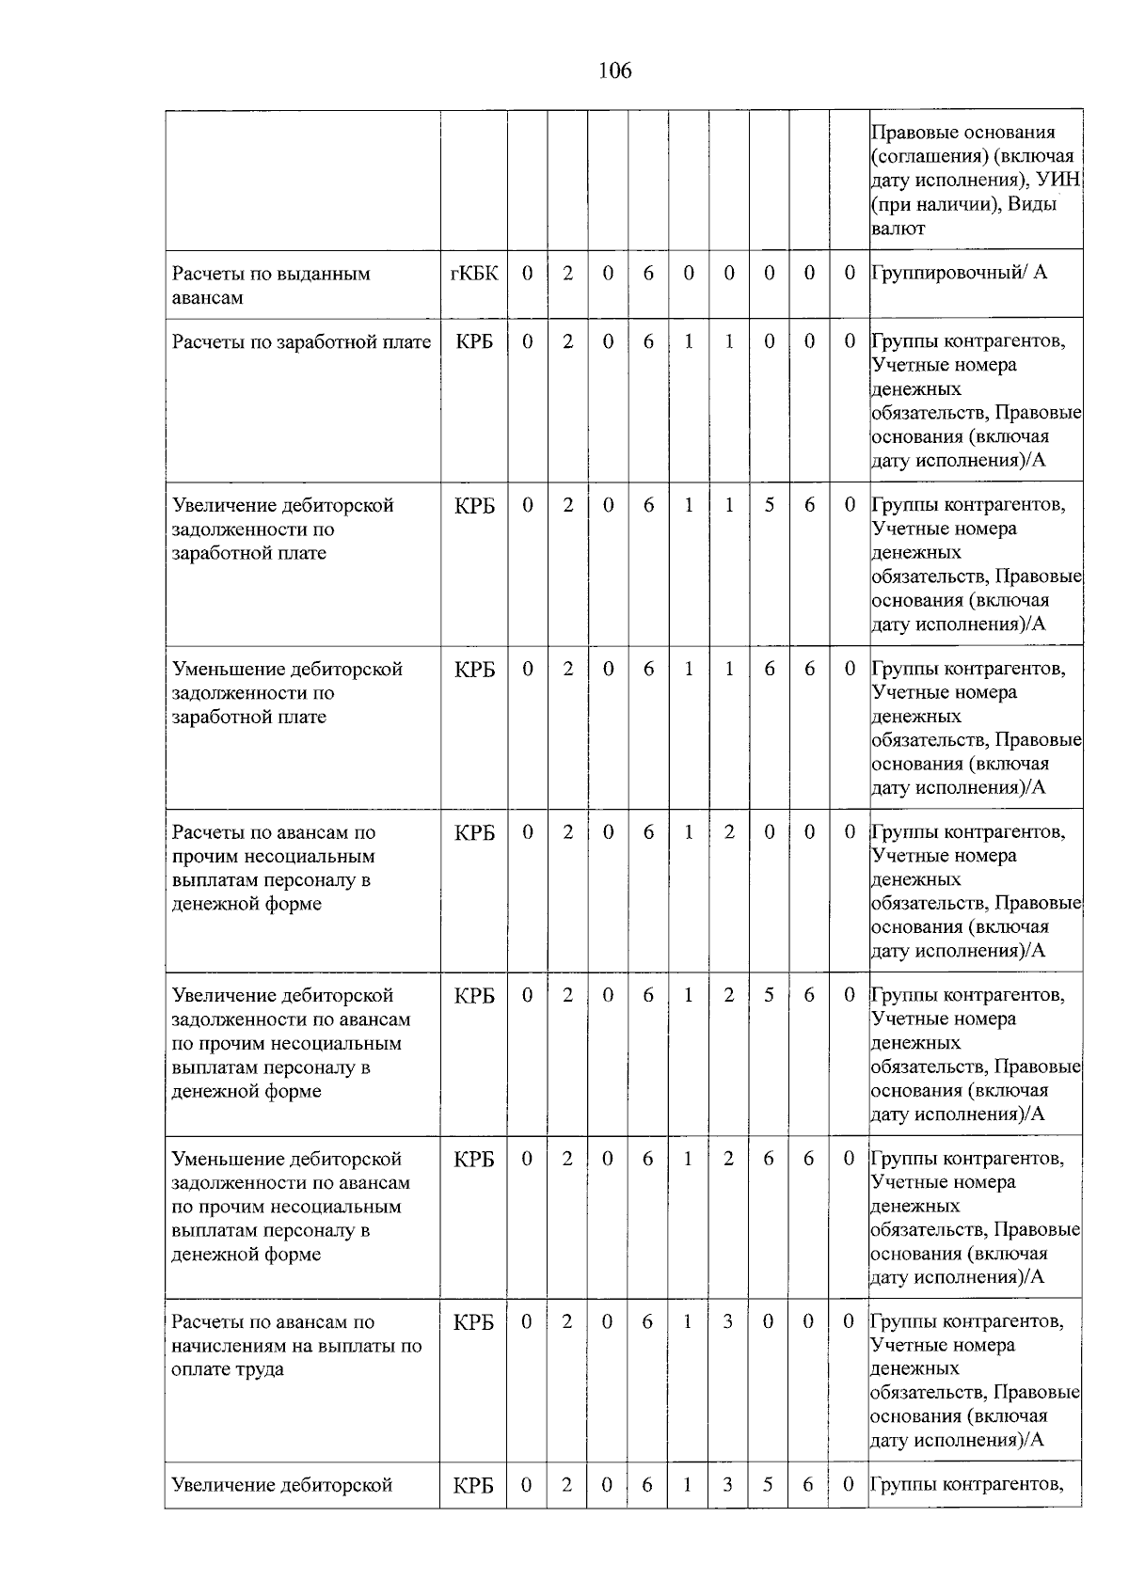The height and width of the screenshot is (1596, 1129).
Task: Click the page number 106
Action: click(x=614, y=71)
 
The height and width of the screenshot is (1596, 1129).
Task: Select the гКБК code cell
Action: click(x=474, y=273)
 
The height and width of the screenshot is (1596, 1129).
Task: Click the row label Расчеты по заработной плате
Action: click(x=301, y=342)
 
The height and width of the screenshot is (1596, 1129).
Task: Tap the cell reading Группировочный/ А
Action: click(x=959, y=273)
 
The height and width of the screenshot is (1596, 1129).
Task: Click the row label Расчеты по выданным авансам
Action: click(x=271, y=285)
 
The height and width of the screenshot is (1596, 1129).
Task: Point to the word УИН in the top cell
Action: click(x=1057, y=180)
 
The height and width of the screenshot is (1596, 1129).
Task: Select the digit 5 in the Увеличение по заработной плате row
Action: click(x=770, y=505)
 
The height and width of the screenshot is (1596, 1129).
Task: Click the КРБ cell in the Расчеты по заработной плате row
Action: click(x=474, y=342)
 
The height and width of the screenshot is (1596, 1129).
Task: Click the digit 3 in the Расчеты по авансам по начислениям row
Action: click(x=727, y=1321)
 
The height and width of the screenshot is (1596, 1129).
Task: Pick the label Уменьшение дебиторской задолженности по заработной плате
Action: click(x=287, y=692)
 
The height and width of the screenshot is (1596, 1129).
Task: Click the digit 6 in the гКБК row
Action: click(x=648, y=273)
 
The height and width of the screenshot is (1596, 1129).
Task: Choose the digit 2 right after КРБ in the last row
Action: click(x=566, y=1485)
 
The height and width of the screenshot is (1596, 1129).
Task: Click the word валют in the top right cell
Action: click(x=898, y=228)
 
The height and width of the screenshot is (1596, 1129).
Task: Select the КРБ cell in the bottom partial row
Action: click(x=473, y=1486)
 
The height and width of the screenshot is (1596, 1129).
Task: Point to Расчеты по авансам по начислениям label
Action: click(x=296, y=1345)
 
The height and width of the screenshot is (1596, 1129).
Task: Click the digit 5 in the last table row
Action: click(x=768, y=1485)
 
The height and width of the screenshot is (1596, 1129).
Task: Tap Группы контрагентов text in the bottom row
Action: click(x=967, y=1485)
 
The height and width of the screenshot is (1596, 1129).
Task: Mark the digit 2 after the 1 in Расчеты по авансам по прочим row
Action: click(x=729, y=832)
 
